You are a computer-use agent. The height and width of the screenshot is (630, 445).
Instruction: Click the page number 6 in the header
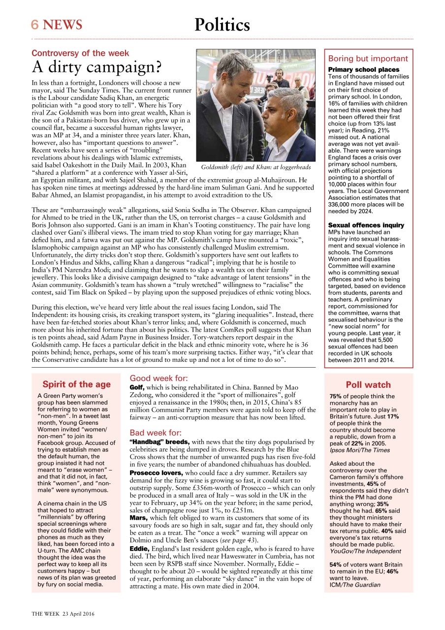coord(35,25)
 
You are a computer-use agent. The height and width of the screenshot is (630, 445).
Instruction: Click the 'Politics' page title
coord(222,25)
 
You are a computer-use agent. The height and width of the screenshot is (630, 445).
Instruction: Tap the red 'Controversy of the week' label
coord(80,53)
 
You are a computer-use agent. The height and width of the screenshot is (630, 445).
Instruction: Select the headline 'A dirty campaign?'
coord(97,67)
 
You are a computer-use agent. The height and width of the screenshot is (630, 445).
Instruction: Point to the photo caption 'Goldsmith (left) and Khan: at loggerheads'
coord(256,167)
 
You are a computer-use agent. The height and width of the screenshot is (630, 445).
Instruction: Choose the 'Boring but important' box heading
coord(368,59)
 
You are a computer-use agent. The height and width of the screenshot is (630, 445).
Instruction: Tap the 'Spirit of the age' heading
coord(76,384)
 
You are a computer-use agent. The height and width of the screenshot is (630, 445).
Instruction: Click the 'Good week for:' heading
coord(159,378)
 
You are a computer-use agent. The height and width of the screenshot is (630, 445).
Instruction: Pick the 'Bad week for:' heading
coord(156,433)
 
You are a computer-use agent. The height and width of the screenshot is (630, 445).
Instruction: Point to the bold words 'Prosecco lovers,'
coord(157,472)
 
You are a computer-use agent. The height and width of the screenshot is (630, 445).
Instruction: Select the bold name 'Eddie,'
coord(138,548)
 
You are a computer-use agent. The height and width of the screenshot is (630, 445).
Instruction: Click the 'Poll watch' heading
coord(368,385)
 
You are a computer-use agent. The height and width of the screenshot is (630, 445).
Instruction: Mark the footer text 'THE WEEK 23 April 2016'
coord(63,614)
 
